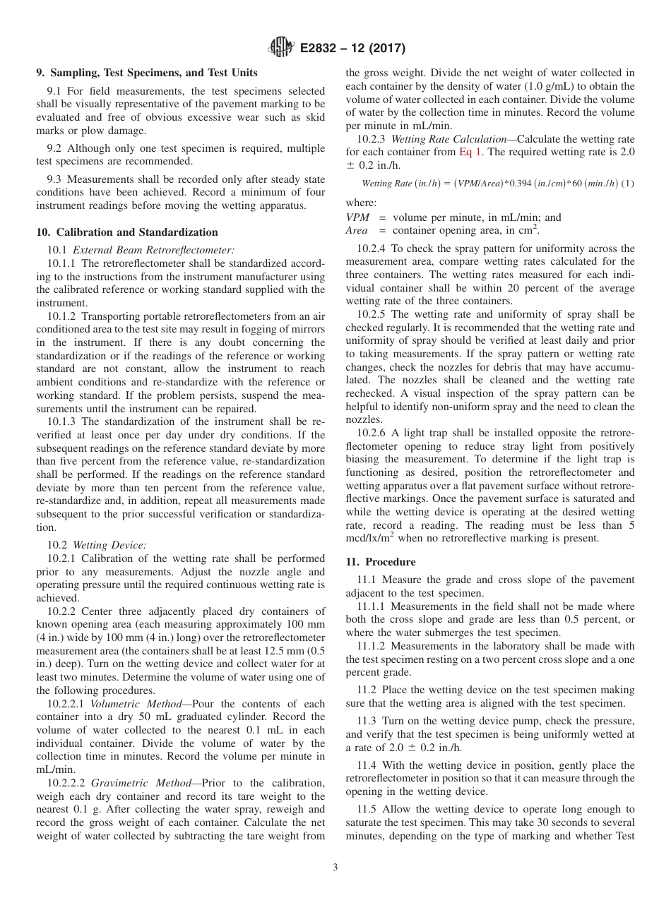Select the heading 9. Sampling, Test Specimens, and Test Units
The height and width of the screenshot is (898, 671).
pos(147,73)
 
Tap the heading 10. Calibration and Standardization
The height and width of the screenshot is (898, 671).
pos(127,232)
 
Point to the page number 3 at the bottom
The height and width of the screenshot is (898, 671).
pos(335,868)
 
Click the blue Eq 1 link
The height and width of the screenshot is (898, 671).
pos(471,151)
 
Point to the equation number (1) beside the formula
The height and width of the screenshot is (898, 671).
pos(628,184)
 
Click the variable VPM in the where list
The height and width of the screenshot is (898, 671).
pos(357,217)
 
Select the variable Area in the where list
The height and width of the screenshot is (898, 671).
pos(357,230)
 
